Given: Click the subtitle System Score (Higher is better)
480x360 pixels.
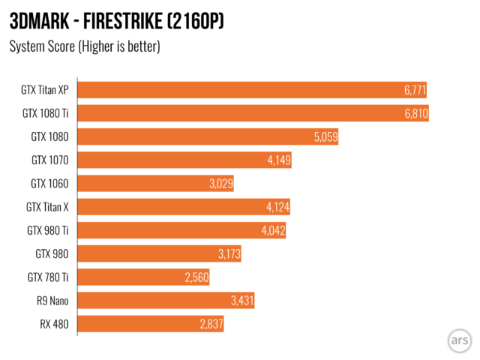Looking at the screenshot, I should [x=85, y=46].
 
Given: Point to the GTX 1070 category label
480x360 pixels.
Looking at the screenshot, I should [x=49, y=160].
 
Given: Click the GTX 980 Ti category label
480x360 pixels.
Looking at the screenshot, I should [x=47, y=230].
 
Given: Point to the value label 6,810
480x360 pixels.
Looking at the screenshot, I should [x=412, y=113].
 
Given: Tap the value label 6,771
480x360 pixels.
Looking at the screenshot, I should [x=414, y=90].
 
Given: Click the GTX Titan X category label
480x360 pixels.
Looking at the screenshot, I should [x=47, y=207].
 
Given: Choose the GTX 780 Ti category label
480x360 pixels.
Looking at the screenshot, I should [x=47, y=277].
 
